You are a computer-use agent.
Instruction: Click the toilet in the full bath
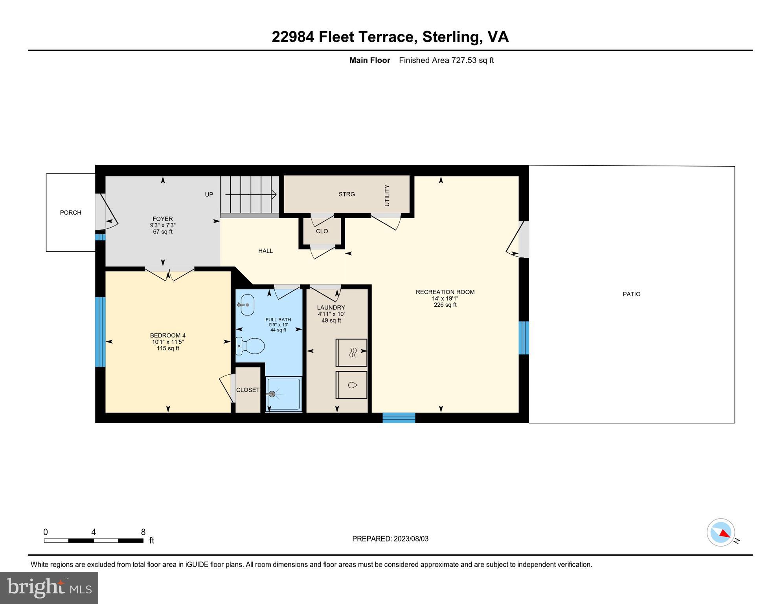click(250, 346)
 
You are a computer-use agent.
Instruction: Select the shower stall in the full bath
click(284, 394)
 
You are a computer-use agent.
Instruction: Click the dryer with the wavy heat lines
click(351, 353)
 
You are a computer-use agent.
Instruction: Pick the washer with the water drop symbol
click(351, 385)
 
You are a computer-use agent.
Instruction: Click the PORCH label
click(71, 213)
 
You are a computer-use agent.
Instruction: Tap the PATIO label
click(632, 294)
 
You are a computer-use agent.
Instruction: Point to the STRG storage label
click(347, 194)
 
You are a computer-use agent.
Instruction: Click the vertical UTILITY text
click(387, 195)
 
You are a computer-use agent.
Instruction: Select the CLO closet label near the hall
click(322, 231)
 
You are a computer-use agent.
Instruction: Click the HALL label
click(266, 251)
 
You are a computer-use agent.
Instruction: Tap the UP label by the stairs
click(209, 195)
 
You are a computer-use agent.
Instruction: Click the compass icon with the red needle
click(721, 532)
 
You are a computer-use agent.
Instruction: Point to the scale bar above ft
click(94, 541)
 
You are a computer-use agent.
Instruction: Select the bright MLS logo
click(49, 587)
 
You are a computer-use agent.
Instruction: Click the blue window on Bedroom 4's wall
click(101, 332)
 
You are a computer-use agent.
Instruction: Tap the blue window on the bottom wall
click(399, 418)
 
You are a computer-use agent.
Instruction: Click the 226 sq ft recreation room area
click(445, 305)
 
